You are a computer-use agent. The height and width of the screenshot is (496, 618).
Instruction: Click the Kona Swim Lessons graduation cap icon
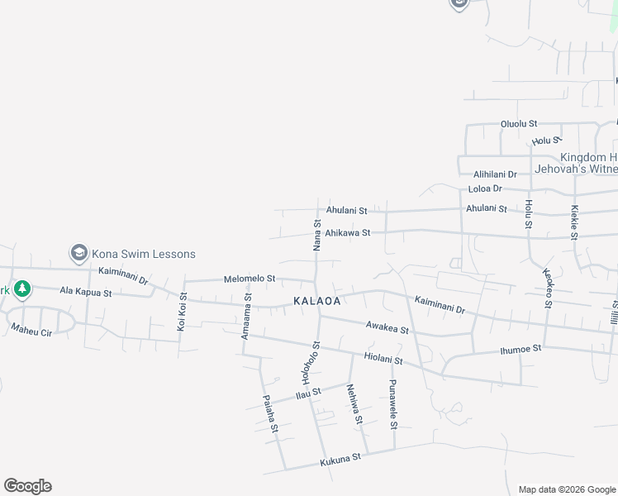coord(79,252)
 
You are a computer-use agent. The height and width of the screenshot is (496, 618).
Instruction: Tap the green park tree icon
coord(22,289)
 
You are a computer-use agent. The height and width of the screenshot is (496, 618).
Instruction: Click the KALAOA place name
coord(313,302)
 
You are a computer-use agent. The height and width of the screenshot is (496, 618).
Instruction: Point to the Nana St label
coord(316,236)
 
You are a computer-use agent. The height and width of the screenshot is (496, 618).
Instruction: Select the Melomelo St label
coord(250,279)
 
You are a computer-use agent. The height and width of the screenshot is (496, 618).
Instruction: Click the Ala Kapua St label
coord(85,292)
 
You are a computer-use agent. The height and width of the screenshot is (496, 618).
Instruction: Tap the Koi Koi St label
coord(182,312)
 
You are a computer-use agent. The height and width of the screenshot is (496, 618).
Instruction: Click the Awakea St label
coord(388,328)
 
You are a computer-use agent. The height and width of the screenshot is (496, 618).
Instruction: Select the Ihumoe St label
coord(521,349)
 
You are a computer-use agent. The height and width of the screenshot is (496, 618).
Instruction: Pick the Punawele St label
coord(393,404)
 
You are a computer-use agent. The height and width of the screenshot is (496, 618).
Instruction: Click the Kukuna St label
coord(340,458)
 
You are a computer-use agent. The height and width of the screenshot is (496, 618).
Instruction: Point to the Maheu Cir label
coord(31,330)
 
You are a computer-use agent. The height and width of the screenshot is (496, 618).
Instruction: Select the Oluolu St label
coord(519,124)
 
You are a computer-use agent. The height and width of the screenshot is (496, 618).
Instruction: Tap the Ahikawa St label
coord(348,233)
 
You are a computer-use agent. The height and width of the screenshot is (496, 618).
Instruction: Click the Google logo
coord(27,486)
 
